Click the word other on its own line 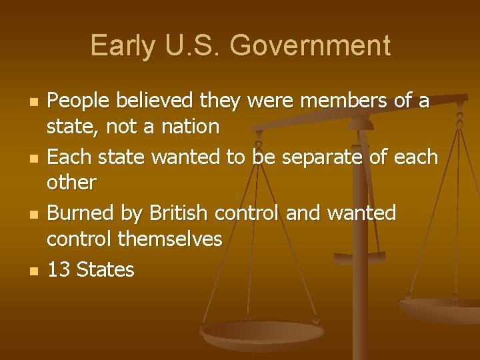(x=71, y=182)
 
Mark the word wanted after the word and (x=363, y=214)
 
